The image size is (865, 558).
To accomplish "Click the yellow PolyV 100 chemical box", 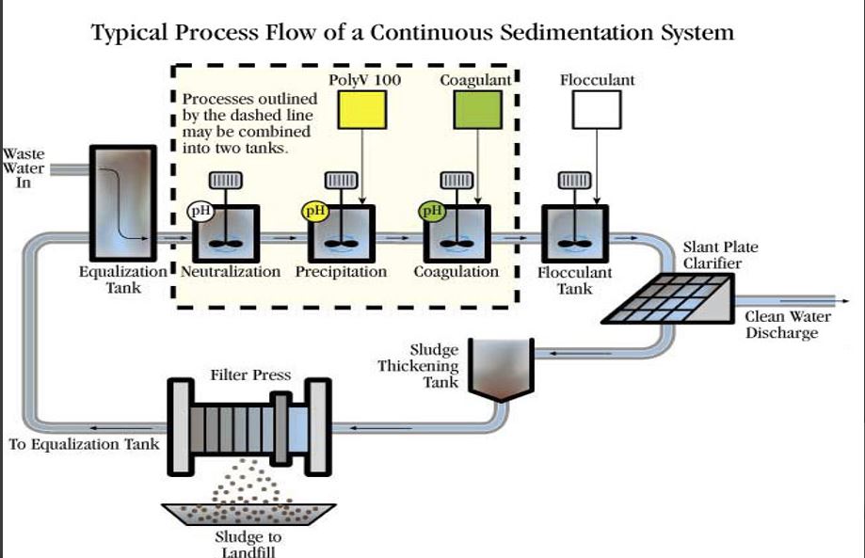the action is (x=361, y=110).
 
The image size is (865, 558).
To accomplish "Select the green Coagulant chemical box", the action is (x=478, y=110).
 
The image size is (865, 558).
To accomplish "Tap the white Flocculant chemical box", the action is (x=597, y=110).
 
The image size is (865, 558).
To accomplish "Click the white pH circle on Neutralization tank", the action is (x=200, y=211).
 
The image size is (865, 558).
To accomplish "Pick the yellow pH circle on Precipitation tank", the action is (x=315, y=211).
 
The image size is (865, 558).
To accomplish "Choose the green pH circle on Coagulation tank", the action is (x=432, y=211).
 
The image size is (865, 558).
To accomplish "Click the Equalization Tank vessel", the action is (x=123, y=203).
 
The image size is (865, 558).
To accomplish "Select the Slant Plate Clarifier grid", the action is (x=667, y=298).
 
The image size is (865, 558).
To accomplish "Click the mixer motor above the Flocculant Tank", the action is (x=575, y=181).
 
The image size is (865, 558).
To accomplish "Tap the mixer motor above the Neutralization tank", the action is (x=225, y=181).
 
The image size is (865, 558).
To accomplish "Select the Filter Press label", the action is (x=250, y=375).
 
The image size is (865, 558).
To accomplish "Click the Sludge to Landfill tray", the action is (x=248, y=514).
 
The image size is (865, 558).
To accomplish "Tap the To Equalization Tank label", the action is (x=84, y=444).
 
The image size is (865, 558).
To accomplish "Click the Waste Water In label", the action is (x=24, y=168).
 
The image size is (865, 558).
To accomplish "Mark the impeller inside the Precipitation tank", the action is (x=341, y=243).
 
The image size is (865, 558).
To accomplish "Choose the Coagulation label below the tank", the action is (x=457, y=272).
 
